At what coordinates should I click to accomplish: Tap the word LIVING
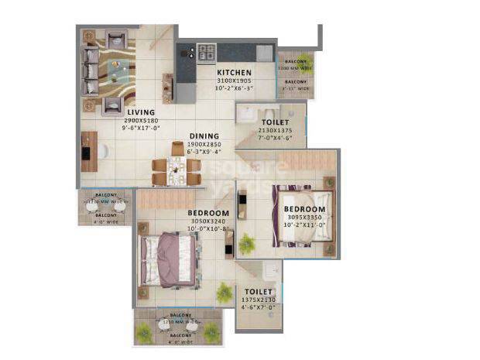[142, 112]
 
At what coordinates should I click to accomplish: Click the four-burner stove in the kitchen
[207, 52]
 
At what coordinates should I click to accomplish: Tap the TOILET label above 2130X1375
[275, 122]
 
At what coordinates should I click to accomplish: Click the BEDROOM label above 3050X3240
[207, 213]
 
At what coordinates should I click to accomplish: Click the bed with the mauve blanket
[166, 255]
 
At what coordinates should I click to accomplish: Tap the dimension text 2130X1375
[275, 130]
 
